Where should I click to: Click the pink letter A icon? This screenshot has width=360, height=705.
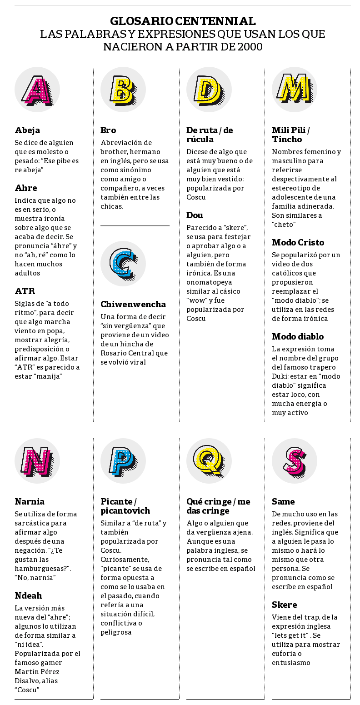click(37, 90)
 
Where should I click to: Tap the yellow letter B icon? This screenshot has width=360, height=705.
click(123, 90)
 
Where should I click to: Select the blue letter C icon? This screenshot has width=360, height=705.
click(123, 264)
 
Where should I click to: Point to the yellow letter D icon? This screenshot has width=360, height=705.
click(209, 90)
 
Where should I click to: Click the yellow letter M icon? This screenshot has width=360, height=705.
click(295, 90)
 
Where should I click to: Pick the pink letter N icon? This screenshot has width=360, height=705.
click(37, 461)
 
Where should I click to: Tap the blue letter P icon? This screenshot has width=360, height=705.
click(123, 461)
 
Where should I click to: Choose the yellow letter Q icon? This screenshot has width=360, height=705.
click(209, 461)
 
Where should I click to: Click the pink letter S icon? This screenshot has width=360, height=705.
click(295, 461)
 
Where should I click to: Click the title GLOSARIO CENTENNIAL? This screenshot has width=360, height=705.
click(183, 21)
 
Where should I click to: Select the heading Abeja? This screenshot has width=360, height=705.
click(27, 130)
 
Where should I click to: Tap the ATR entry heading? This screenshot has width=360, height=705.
click(25, 291)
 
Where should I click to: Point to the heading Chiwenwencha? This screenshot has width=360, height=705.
click(133, 305)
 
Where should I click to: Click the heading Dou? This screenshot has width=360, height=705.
click(195, 215)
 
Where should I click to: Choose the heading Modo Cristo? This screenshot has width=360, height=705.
click(298, 243)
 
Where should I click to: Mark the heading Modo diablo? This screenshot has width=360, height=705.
click(298, 337)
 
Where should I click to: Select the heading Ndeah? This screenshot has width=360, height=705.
click(28, 596)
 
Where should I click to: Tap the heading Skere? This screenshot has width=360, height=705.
click(285, 605)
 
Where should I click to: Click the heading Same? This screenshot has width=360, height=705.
click(283, 502)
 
